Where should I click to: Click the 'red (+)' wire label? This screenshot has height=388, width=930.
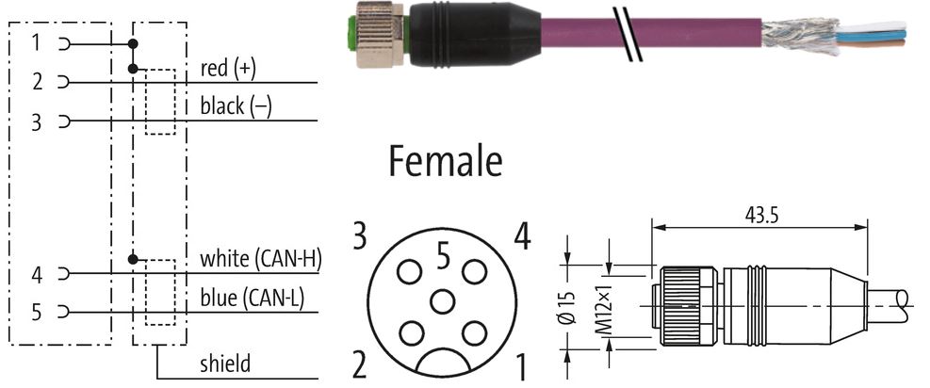point(228,69)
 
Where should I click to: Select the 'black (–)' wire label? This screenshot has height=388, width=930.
point(237,106)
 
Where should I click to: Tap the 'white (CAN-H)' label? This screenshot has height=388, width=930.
point(260,259)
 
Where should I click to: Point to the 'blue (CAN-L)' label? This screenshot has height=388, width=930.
point(253,298)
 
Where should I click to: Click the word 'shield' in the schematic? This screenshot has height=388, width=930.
point(225,364)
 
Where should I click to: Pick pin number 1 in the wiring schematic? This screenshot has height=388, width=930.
point(37,43)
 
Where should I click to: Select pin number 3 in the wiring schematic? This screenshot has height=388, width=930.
point(37,122)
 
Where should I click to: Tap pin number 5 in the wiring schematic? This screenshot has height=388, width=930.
point(37,312)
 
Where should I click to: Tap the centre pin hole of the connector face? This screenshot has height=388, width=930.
point(443,302)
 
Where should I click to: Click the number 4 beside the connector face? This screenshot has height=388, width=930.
point(522,237)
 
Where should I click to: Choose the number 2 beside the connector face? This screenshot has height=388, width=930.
point(360,365)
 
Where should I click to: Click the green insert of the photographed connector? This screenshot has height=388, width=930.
point(350,34)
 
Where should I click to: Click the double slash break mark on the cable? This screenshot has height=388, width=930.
point(628,34)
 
